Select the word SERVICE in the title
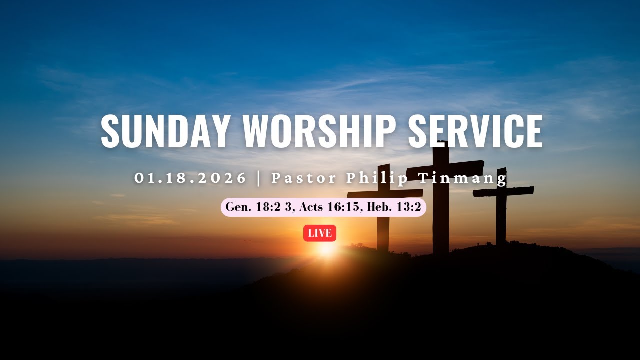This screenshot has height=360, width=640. pyautogui.click(x=475, y=131)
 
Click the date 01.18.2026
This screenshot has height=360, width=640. pyautogui.click(x=191, y=178)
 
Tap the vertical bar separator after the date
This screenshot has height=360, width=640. pyautogui.click(x=259, y=178)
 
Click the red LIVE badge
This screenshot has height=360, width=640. pyautogui.click(x=320, y=233)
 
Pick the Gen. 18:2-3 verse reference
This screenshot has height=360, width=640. pyautogui.click(x=259, y=207)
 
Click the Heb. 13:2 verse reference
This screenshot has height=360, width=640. pyautogui.click(x=394, y=207)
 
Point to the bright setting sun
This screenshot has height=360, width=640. pyautogui.click(x=326, y=248)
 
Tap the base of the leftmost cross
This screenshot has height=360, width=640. pyautogui.click(x=383, y=247)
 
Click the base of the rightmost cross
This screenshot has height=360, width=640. pyautogui.click(x=501, y=242)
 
